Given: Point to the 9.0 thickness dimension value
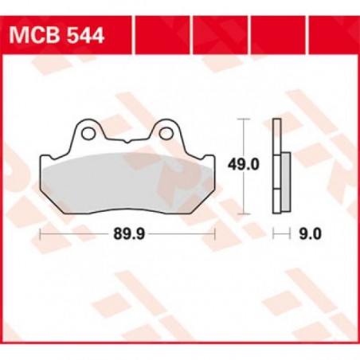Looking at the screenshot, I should point(310,234).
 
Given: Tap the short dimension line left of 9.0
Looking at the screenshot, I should point(280,234).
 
